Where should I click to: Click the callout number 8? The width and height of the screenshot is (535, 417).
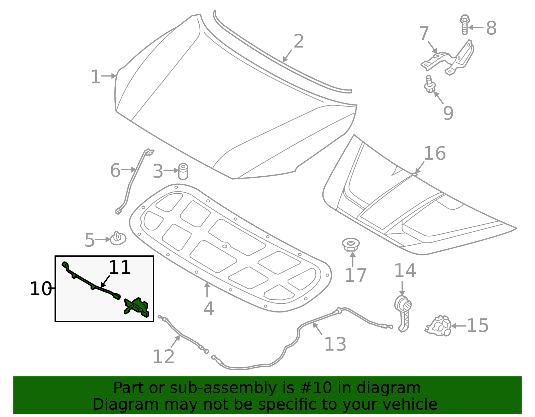pos(491,28)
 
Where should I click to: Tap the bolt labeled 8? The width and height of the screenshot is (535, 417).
pos(464,24)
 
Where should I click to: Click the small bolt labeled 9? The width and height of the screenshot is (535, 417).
pos(429,85)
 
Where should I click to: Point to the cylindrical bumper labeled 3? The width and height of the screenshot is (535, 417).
pos(183,171)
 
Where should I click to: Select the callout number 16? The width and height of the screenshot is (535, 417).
pos(434,154)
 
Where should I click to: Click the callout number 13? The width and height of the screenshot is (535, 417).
pos(335,344)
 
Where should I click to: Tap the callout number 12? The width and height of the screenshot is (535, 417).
pos(163,357)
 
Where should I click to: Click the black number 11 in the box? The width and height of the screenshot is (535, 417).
pos(119,268)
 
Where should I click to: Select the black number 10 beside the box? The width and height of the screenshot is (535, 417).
pos(40,289)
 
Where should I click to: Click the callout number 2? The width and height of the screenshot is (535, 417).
pos(298,41)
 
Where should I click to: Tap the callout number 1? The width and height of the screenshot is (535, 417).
pos(95,77)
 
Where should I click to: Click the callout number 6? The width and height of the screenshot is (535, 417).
pos(115,171)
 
